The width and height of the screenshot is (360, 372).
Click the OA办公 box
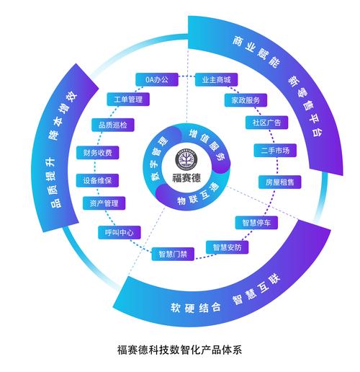pos(157,79)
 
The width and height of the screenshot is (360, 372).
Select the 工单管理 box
pos(128,99)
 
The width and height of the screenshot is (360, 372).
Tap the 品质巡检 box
pos(113,125)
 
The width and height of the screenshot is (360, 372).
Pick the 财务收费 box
pos(98,153)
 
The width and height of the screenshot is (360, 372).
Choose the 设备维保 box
pos(97,180)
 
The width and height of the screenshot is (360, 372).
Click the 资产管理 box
pos(104,203)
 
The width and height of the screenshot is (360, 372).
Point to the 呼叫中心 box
pos(120,232)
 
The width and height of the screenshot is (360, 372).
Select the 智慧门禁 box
pos(173,254)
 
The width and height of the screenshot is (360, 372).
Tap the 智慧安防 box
pos(227,247)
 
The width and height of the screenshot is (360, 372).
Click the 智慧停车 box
pos(256,223)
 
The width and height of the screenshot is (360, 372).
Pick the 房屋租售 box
pos(279,182)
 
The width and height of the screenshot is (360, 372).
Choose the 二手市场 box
pos(275,151)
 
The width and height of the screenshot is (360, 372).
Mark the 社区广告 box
pos(266,123)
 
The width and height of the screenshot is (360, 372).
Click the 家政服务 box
pos(246,100)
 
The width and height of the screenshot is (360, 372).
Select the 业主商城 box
pos(216,79)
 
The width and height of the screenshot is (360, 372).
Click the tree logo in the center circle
pos(186,159)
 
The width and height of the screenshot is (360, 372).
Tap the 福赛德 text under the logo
pos(186,178)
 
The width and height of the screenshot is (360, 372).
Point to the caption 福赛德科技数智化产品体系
pos(179,350)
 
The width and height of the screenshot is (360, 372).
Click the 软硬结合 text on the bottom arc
pos(196,308)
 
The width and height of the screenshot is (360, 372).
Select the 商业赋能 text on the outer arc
pos(256,52)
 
